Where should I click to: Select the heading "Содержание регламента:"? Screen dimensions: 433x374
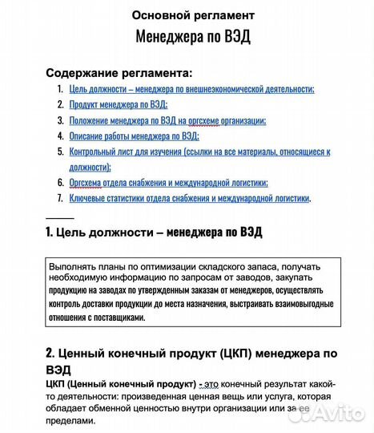[x=119, y=72]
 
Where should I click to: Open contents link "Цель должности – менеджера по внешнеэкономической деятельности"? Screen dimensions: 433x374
[x=191, y=90]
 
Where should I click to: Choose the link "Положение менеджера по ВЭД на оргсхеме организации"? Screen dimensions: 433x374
[x=167, y=121]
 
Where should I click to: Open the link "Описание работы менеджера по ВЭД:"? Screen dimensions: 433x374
[x=134, y=136]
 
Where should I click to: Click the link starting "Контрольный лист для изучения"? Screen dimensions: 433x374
[x=199, y=152]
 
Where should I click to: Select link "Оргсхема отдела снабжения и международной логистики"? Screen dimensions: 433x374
[x=168, y=183]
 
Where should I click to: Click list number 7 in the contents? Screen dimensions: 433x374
[x=60, y=198]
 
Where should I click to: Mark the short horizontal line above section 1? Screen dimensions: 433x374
[x=59, y=217]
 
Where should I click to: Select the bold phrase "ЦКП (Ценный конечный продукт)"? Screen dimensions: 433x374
[x=119, y=385]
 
